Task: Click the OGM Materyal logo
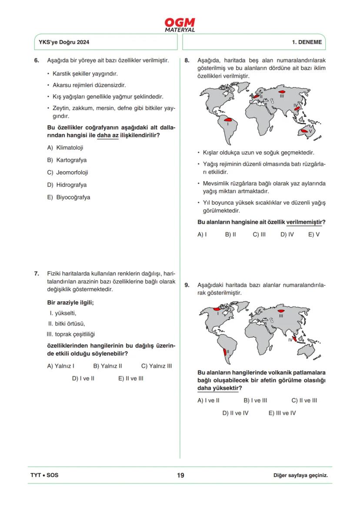pos(180,25)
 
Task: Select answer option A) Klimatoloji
pos(65,148)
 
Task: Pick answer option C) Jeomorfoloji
pos(67,172)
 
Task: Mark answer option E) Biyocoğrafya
pos(68,197)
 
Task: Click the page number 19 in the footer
pos(180,475)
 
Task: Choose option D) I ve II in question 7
pos(83,378)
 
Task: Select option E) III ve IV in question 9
pos(282,413)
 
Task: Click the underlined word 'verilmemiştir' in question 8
pos(304,222)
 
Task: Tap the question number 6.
pos(37,60)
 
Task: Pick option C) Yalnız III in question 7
pos(157,366)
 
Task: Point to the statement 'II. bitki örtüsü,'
pos(67,323)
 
